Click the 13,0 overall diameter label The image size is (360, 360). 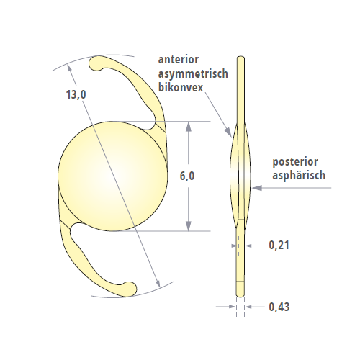pyautogui.click(x=76, y=94)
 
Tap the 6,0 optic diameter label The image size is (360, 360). pyautogui.click(x=187, y=176)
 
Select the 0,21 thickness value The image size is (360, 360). pyautogui.click(x=279, y=246)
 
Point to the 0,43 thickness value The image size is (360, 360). pyautogui.click(x=279, y=307)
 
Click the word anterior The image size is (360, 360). pyautogui.click(x=179, y=60)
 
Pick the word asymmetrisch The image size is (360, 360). pyautogui.click(x=193, y=73)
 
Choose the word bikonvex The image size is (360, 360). pyautogui.click(x=181, y=87)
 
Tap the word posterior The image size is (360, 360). pyautogui.click(x=295, y=162)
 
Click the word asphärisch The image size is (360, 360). pyautogui.click(x=299, y=176)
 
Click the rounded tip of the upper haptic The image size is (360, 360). pyautogui.click(x=95, y=64)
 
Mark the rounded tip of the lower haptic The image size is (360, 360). pyautogui.click(x=130, y=288)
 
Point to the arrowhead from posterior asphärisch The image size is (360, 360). pyautogui.click(x=256, y=188)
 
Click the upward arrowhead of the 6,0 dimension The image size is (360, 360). pyautogui.click(x=189, y=126)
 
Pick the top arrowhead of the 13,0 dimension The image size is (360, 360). pyautogui.click(x=69, y=69)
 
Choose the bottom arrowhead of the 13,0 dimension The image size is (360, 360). pyautogui.click(x=158, y=283)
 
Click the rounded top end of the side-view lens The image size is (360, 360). pyautogui.click(x=240, y=58)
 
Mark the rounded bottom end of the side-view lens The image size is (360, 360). pyautogui.click(x=240, y=294)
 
